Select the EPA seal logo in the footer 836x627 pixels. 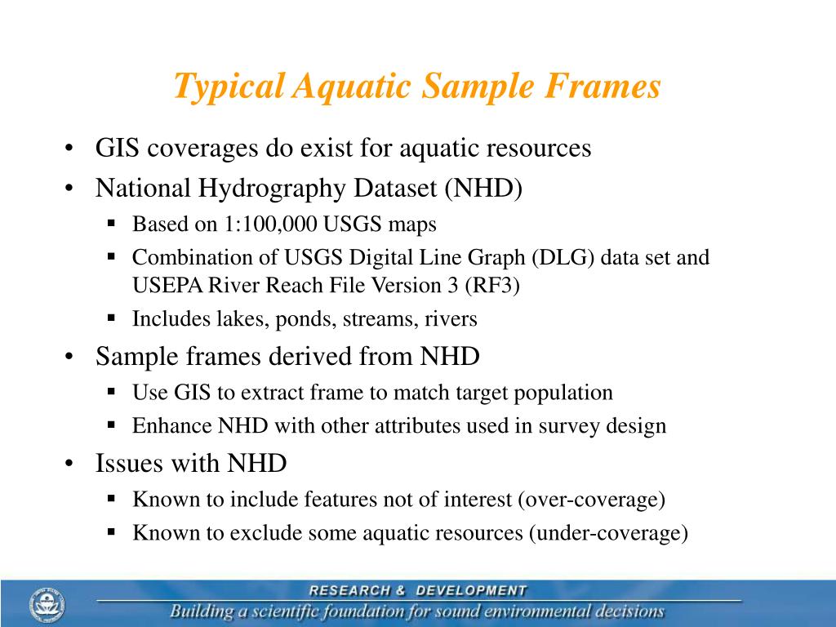(x=47, y=604)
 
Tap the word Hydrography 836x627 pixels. (x=277, y=189)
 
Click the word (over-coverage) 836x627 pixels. (x=591, y=500)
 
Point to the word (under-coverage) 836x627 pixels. (x=608, y=533)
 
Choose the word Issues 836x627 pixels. (x=130, y=464)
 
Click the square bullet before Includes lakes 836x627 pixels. (x=112, y=318)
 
